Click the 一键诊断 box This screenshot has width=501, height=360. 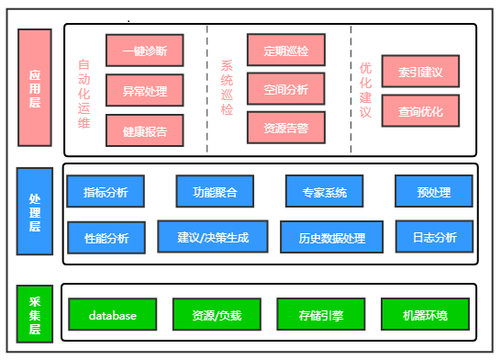(x=144, y=51)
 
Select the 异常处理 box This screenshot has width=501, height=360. (x=144, y=91)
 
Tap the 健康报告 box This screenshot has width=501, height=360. (x=144, y=130)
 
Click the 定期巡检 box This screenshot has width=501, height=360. (x=285, y=50)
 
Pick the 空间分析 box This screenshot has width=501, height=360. (x=285, y=89)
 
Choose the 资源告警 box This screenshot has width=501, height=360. (x=285, y=128)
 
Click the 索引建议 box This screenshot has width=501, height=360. (x=420, y=71)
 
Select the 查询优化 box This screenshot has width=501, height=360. (x=420, y=112)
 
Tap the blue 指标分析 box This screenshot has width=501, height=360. (x=105, y=192)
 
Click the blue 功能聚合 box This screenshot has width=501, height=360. (x=215, y=192)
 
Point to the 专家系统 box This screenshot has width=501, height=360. (x=324, y=192)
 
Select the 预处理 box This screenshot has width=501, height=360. (x=433, y=192)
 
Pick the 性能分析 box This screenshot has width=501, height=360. (x=106, y=238)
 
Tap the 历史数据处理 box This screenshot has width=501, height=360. (x=331, y=238)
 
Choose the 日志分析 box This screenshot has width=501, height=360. (x=434, y=237)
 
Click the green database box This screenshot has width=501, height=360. (x=112, y=315)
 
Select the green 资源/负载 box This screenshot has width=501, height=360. (x=217, y=315)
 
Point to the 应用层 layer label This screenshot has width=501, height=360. (x=34, y=88)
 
